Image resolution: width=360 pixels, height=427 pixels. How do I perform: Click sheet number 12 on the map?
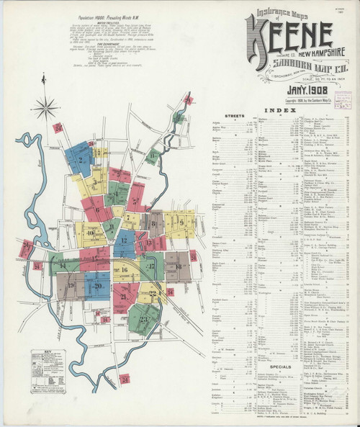click(x=124, y=241)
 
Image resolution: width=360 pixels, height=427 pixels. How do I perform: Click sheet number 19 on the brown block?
click(x=71, y=285)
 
